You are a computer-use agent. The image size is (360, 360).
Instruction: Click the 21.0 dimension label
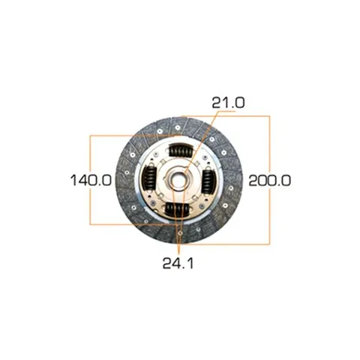click(228, 103)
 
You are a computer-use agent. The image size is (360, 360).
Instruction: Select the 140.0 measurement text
click(91, 180)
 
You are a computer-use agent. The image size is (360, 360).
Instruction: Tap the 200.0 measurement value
click(270, 180)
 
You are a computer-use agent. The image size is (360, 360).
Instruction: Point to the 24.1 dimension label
click(178, 263)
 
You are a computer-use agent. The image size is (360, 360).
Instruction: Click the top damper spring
click(181, 151)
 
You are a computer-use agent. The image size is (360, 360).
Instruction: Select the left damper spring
click(149, 178)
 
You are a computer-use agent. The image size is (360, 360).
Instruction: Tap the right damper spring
click(208, 181)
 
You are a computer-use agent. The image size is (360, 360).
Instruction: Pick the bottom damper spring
click(178, 208)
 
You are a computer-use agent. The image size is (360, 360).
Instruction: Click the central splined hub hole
click(178, 180)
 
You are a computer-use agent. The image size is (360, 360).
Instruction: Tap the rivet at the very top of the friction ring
click(178, 127)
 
